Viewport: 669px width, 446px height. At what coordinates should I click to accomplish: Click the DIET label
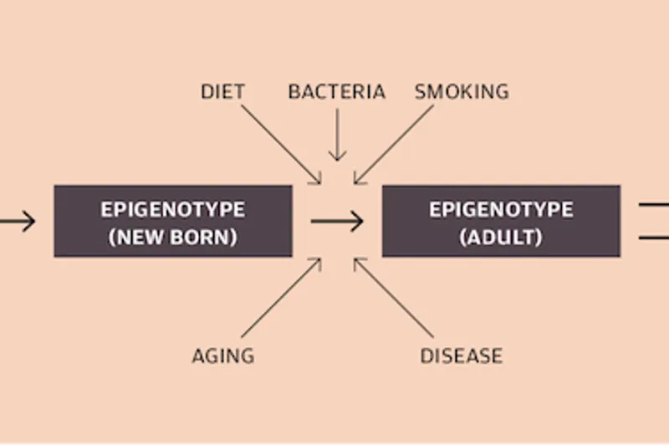(x=222, y=91)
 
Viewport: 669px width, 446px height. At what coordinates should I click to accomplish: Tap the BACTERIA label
(x=336, y=91)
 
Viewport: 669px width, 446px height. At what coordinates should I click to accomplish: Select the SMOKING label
(x=462, y=91)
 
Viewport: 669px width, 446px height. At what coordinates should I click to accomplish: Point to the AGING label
(x=222, y=356)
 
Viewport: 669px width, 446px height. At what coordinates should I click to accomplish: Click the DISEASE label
(x=461, y=356)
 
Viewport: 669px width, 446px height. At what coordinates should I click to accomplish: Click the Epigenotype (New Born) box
(x=173, y=221)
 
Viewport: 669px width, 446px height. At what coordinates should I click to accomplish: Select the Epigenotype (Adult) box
(x=501, y=221)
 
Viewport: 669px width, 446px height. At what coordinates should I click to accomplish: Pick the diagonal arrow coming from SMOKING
(x=393, y=142)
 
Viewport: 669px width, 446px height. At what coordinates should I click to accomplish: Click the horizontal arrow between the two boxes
(x=337, y=222)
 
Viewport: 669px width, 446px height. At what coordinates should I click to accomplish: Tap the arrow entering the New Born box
(x=17, y=222)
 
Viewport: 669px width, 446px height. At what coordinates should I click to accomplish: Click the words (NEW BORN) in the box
(x=173, y=237)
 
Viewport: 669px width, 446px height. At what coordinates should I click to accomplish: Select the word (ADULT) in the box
(x=501, y=237)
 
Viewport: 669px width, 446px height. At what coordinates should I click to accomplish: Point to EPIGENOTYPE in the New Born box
(x=173, y=208)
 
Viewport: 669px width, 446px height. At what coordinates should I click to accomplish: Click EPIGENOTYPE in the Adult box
(x=501, y=208)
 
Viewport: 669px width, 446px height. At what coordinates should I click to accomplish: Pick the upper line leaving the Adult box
(x=654, y=203)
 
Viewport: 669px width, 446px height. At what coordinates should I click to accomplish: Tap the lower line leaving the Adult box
(x=654, y=238)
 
